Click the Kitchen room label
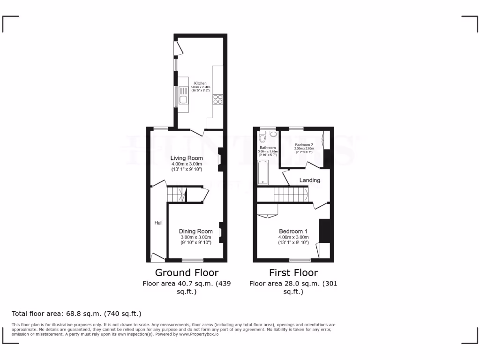coord(200,83)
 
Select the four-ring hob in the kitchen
coord(218,99)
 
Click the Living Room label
coord(186,158)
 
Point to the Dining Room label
coord(195,231)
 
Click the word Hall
coord(158,223)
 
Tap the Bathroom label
coord(268,148)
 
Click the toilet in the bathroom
coord(262,138)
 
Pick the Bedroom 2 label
coord(304,145)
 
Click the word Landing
coord(310,180)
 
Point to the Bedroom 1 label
coord(293,231)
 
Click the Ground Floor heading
coord(187,272)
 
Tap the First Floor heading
coord(293,272)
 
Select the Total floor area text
coord(76,313)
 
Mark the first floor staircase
coord(290,194)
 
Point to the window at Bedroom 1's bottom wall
coord(300,260)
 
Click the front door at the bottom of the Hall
coord(157,256)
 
